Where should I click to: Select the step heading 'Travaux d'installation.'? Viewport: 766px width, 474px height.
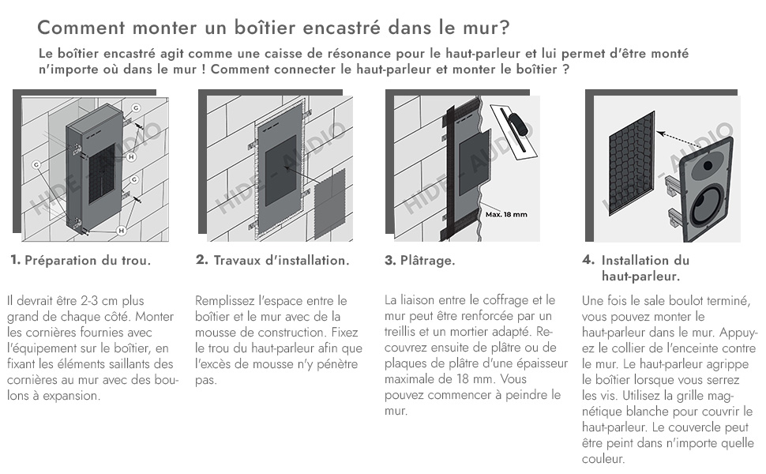pos(281,260)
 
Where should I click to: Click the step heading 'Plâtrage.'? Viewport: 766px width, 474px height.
pos(427,260)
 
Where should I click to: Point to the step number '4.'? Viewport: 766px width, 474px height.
pos(588,260)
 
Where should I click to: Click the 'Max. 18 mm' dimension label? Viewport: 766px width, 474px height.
pos(506,214)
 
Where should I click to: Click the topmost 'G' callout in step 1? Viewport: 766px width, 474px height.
pos(136,107)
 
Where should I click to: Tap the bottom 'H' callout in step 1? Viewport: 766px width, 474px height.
pos(121,230)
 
